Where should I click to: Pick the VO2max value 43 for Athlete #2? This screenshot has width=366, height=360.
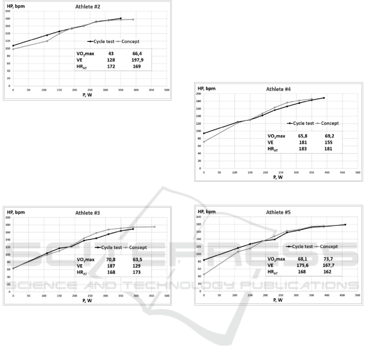click(110, 53)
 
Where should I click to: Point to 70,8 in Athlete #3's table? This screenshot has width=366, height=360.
click(110, 260)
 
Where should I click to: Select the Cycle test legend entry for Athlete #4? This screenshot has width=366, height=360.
click(302, 123)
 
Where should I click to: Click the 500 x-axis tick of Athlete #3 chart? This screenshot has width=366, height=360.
click(167, 295)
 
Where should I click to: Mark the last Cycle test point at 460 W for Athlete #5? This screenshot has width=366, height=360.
click(345, 225)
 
